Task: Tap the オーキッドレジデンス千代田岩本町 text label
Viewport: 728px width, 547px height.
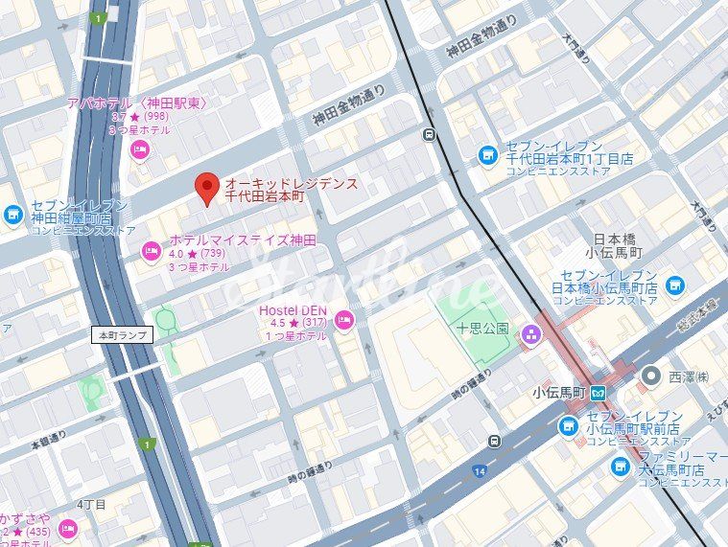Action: pyautogui.click(x=291, y=189)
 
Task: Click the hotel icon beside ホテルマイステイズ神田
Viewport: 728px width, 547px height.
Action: pyautogui.click(x=151, y=252)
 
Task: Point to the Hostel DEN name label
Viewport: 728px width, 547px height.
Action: pyautogui.click(x=293, y=310)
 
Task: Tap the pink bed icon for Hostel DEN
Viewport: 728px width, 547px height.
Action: pyautogui.click(x=345, y=319)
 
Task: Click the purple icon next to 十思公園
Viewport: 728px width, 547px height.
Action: pyautogui.click(x=529, y=333)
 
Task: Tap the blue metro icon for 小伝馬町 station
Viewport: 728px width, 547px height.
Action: pyautogui.click(x=598, y=392)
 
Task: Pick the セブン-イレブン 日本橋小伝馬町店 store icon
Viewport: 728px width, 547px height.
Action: pyautogui.click(x=675, y=285)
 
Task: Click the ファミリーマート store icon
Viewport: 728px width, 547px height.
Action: pyautogui.click(x=621, y=467)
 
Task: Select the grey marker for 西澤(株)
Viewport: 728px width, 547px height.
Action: pyautogui.click(x=652, y=376)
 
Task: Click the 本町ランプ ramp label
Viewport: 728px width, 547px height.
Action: pyautogui.click(x=120, y=335)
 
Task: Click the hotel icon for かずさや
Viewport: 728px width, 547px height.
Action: pyautogui.click(x=67, y=528)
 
